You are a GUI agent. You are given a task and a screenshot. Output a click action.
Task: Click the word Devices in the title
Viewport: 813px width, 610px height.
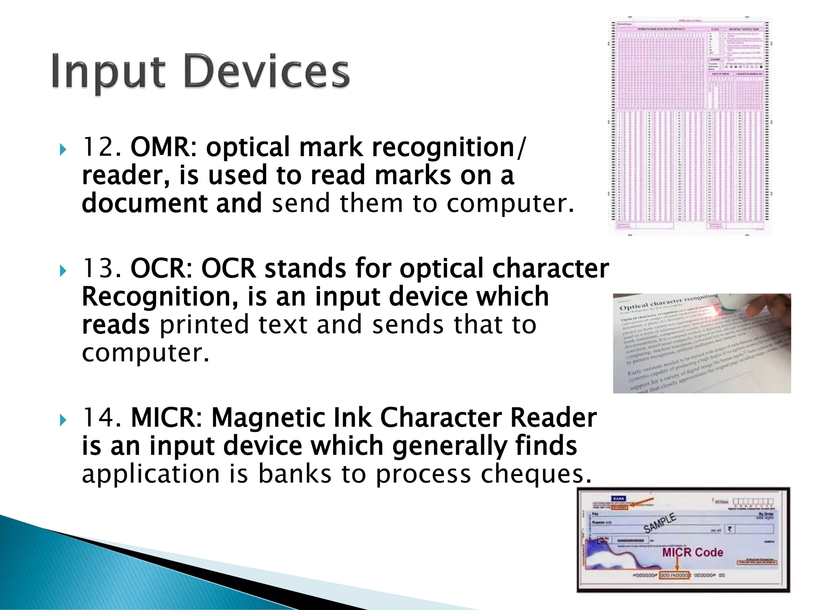coord(267,71)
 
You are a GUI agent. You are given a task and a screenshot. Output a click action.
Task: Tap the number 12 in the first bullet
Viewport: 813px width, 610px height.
coord(98,147)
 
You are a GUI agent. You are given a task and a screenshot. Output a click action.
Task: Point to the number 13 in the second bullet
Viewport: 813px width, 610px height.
coord(98,268)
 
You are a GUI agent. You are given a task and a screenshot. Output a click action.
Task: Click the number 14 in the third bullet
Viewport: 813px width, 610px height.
coord(98,418)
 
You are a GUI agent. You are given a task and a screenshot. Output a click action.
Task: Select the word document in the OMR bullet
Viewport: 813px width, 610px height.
coord(144,203)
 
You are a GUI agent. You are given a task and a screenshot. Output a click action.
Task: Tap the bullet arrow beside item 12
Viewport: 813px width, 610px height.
coord(63,150)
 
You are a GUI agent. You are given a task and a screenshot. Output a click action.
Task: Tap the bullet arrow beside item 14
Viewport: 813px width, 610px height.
coord(63,420)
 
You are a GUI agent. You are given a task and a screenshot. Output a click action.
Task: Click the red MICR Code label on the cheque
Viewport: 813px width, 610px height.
coord(692,552)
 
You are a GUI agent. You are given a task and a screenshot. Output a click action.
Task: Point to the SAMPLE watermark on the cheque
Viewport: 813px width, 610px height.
coord(659,523)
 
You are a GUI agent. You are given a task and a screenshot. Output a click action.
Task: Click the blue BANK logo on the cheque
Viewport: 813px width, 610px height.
coord(618,499)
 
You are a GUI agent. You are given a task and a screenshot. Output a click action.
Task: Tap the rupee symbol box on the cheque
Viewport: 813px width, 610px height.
coord(730,529)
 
